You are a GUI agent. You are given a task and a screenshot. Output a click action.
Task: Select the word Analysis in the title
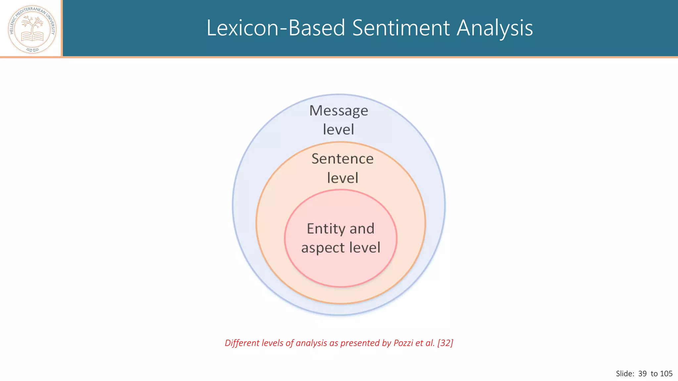pyautogui.click(x=495, y=28)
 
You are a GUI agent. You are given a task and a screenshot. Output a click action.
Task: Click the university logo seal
pyautogui.click(x=32, y=29)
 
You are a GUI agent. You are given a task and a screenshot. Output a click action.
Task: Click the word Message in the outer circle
pyautogui.click(x=338, y=111)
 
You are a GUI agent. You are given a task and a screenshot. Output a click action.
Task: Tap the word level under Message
pyautogui.click(x=338, y=130)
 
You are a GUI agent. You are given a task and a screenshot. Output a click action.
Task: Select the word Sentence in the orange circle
pyautogui.click(x=342, y=159)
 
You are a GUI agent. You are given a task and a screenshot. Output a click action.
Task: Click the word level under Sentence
pyautogui.click(x=342, y=178)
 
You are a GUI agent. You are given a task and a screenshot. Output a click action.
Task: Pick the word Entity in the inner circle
pyautogui.click(x=326, y=229)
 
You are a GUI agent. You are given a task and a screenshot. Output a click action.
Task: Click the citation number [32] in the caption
pyautogui.click(x=445, y=343)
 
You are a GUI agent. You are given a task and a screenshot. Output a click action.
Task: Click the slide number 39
pyautogui.click(x=642, y=374)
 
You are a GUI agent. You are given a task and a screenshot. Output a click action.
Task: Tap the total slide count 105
pyautogui.click(x=666, y=374)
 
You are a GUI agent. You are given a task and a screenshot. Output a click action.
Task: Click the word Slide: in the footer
pyautogui.click(x=625, y=374)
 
